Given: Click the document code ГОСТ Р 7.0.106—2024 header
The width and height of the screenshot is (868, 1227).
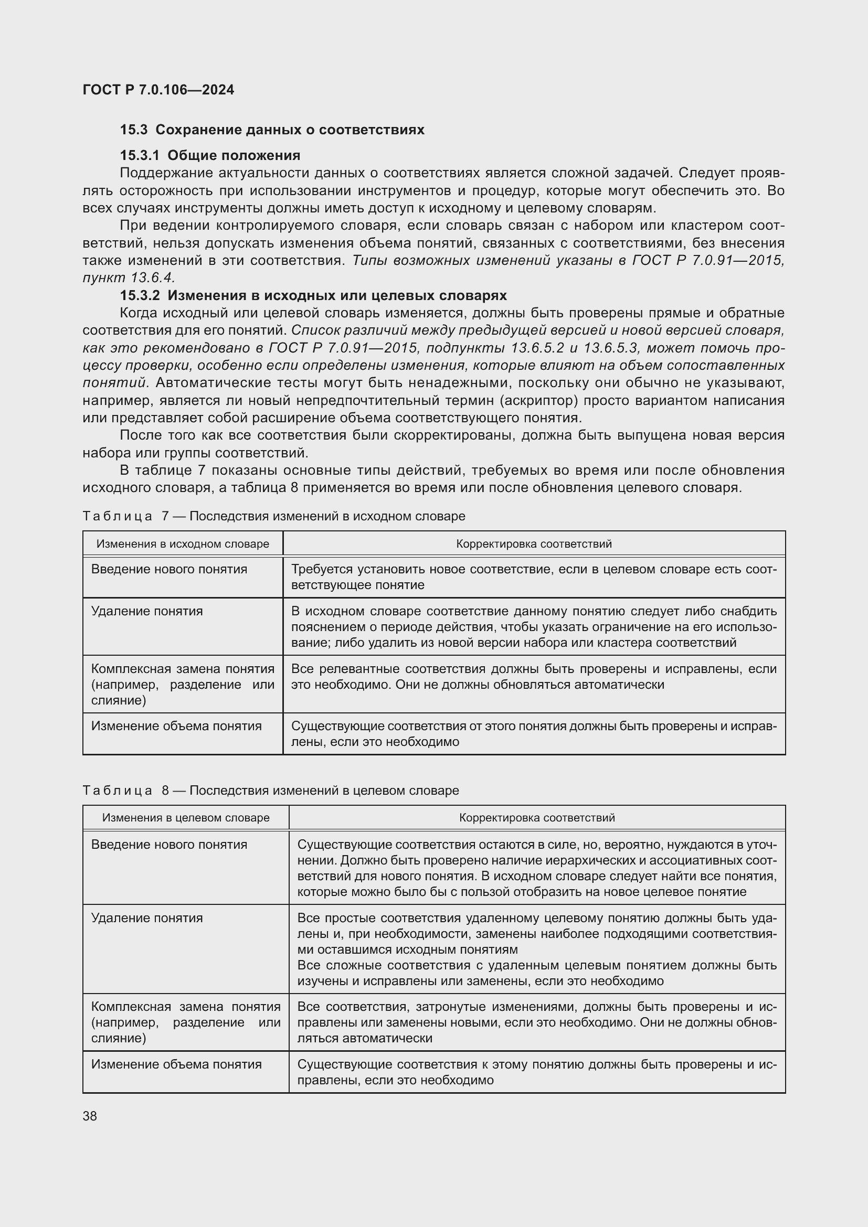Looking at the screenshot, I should (158, 90).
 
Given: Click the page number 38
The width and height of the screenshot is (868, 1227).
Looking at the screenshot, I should (90, 1116).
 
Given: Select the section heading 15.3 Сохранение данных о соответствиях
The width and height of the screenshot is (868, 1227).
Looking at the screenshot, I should (272, 130).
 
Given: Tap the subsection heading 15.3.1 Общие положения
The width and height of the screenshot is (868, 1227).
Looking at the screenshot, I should (210, 155).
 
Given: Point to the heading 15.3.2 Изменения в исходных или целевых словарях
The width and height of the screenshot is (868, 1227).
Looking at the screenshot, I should (313, 295).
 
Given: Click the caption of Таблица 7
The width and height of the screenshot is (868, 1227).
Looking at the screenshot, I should (273, 516).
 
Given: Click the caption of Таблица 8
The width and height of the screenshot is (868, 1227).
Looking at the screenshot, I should (270, 791).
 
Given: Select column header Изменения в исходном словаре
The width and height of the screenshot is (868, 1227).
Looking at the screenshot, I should (183, 544).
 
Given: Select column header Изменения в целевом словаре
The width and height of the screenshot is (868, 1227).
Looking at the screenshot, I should (185, 818).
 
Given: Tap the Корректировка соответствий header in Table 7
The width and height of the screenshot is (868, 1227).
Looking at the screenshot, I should (533, 544).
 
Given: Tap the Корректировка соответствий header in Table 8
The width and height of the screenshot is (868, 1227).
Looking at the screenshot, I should (537, 818).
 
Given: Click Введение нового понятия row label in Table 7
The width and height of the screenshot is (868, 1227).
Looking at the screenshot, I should (169, 569).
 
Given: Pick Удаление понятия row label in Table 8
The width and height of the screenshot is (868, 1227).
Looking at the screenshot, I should (147, 918).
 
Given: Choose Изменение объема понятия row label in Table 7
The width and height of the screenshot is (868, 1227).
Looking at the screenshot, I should (176, 725).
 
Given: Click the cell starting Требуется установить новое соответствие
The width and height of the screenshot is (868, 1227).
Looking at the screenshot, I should (533, 577).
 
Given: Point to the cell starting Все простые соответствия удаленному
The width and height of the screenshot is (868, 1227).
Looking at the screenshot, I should (537, 934).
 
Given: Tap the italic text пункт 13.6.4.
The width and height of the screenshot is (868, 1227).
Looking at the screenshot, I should (129, 278).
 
